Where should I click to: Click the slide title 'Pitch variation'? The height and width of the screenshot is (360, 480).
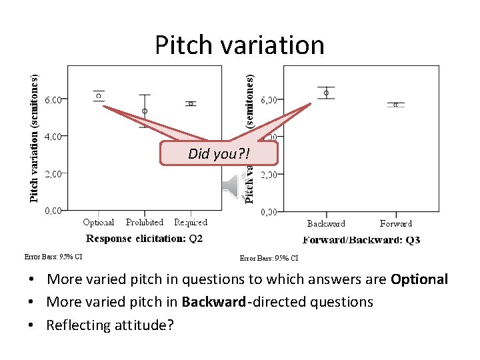click(x=240, y=45)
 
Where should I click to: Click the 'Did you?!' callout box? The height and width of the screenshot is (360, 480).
click(x=219, y=153)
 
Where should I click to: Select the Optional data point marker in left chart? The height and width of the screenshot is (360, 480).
click(x=99, y=96)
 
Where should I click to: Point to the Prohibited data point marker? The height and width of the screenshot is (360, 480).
click(x=145, y=111)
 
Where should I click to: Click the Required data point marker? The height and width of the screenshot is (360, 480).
click(x=191, y=103)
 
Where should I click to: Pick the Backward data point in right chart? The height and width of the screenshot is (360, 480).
click(x=326, y=93)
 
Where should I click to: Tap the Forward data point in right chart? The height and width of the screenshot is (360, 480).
click(x=396, y=105)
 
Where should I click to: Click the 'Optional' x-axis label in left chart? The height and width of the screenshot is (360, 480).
click(x=99, y=223)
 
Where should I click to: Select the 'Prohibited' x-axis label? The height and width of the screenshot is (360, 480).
click(x=145, y=223)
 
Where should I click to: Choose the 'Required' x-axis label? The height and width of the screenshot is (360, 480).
click(x=191, y=223)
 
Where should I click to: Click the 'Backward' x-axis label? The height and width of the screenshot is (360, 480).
click(x=326, y=224)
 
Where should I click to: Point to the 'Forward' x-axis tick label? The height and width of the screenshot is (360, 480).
click(x=396, y=224)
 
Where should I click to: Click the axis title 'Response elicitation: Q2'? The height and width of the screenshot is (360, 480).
click(x=145, y=238)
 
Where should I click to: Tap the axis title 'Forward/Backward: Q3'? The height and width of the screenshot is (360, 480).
click(x=361, y=240)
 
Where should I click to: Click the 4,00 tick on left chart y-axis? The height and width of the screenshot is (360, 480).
click(x=53, y=136)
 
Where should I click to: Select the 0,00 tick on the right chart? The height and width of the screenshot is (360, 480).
click(x=269, y=212)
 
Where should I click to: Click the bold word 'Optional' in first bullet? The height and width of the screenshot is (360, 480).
click(x=419, y=279)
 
